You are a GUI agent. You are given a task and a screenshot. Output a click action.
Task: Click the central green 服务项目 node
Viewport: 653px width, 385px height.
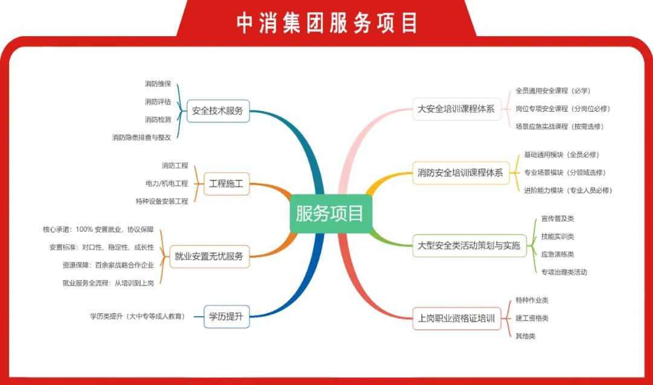(x=331, y=213)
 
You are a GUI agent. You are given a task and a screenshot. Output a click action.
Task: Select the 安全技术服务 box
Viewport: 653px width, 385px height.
(x=218, y=110)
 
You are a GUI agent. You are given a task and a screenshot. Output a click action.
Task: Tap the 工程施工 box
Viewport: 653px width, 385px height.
(x=226, y=183)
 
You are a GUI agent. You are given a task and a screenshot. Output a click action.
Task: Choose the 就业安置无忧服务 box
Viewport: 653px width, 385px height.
(x=209, y=256)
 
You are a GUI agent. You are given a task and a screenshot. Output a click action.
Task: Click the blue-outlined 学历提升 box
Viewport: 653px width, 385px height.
(x=226, y=316)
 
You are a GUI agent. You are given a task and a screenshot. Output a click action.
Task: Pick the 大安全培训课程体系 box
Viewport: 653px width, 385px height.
(x=456, y=109)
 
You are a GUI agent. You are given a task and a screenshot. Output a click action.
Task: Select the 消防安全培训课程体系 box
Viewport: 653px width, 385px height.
(x=461, y=173)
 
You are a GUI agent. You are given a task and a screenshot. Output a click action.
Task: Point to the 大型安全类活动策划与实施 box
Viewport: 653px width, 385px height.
(x=469, y=246)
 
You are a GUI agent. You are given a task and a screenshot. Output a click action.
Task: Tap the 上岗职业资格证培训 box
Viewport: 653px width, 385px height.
(x=456, y=319)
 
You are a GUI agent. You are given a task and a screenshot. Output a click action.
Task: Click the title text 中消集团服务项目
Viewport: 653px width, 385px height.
(x=327, y=22)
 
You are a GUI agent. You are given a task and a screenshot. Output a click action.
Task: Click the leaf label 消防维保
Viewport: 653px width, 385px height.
(x=158, y=84)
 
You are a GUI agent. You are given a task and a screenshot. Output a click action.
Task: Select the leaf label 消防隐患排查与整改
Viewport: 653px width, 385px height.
(x=141, y=137)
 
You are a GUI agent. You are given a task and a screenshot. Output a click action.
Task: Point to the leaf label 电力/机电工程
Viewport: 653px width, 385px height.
(x=167, y=183)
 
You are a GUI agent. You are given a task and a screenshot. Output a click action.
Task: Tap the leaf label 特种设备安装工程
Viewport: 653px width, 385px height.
(x=162, y=201)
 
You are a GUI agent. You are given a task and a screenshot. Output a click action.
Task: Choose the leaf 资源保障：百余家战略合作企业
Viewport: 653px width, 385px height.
(x=108, y=266)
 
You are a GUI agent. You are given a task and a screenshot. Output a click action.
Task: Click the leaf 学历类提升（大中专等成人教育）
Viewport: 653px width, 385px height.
(x=137, y=316)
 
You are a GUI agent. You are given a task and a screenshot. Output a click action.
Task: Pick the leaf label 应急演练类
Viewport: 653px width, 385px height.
(x=557, y=255)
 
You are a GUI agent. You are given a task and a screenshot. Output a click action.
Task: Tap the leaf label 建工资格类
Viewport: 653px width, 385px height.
(x=532, y=319)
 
